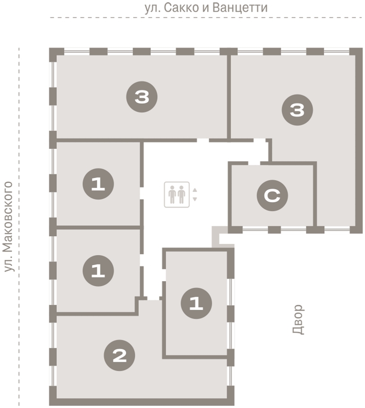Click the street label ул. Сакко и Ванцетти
point(206,8)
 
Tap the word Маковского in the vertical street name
point(8,217)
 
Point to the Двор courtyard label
point(298,319)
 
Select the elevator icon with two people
point(177,195)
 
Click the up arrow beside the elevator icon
point(195,190)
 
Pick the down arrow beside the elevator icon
point(195,199)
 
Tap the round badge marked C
point(272,195)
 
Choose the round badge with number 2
point(119,355)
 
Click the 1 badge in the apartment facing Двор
point(196,303)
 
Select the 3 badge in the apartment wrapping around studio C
point(297,110)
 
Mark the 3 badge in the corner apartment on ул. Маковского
point(142,97)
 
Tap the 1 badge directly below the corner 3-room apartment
point(98,184)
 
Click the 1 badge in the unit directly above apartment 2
point(98,271)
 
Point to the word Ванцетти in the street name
point(240,8)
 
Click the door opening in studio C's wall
point(254,163)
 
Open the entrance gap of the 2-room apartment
point(153,298)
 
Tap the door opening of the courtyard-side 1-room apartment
point(164,275)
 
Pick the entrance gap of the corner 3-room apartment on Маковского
point(203,140)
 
